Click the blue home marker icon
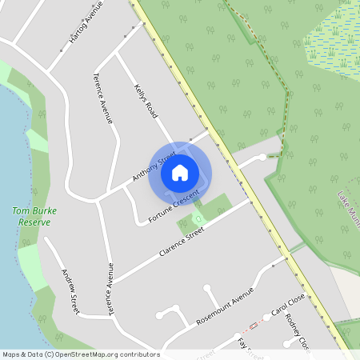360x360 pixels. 180,171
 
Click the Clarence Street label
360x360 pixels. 182,241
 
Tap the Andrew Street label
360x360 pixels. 70,290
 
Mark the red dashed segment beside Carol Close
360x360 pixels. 252,326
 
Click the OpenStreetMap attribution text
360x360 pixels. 80,354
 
